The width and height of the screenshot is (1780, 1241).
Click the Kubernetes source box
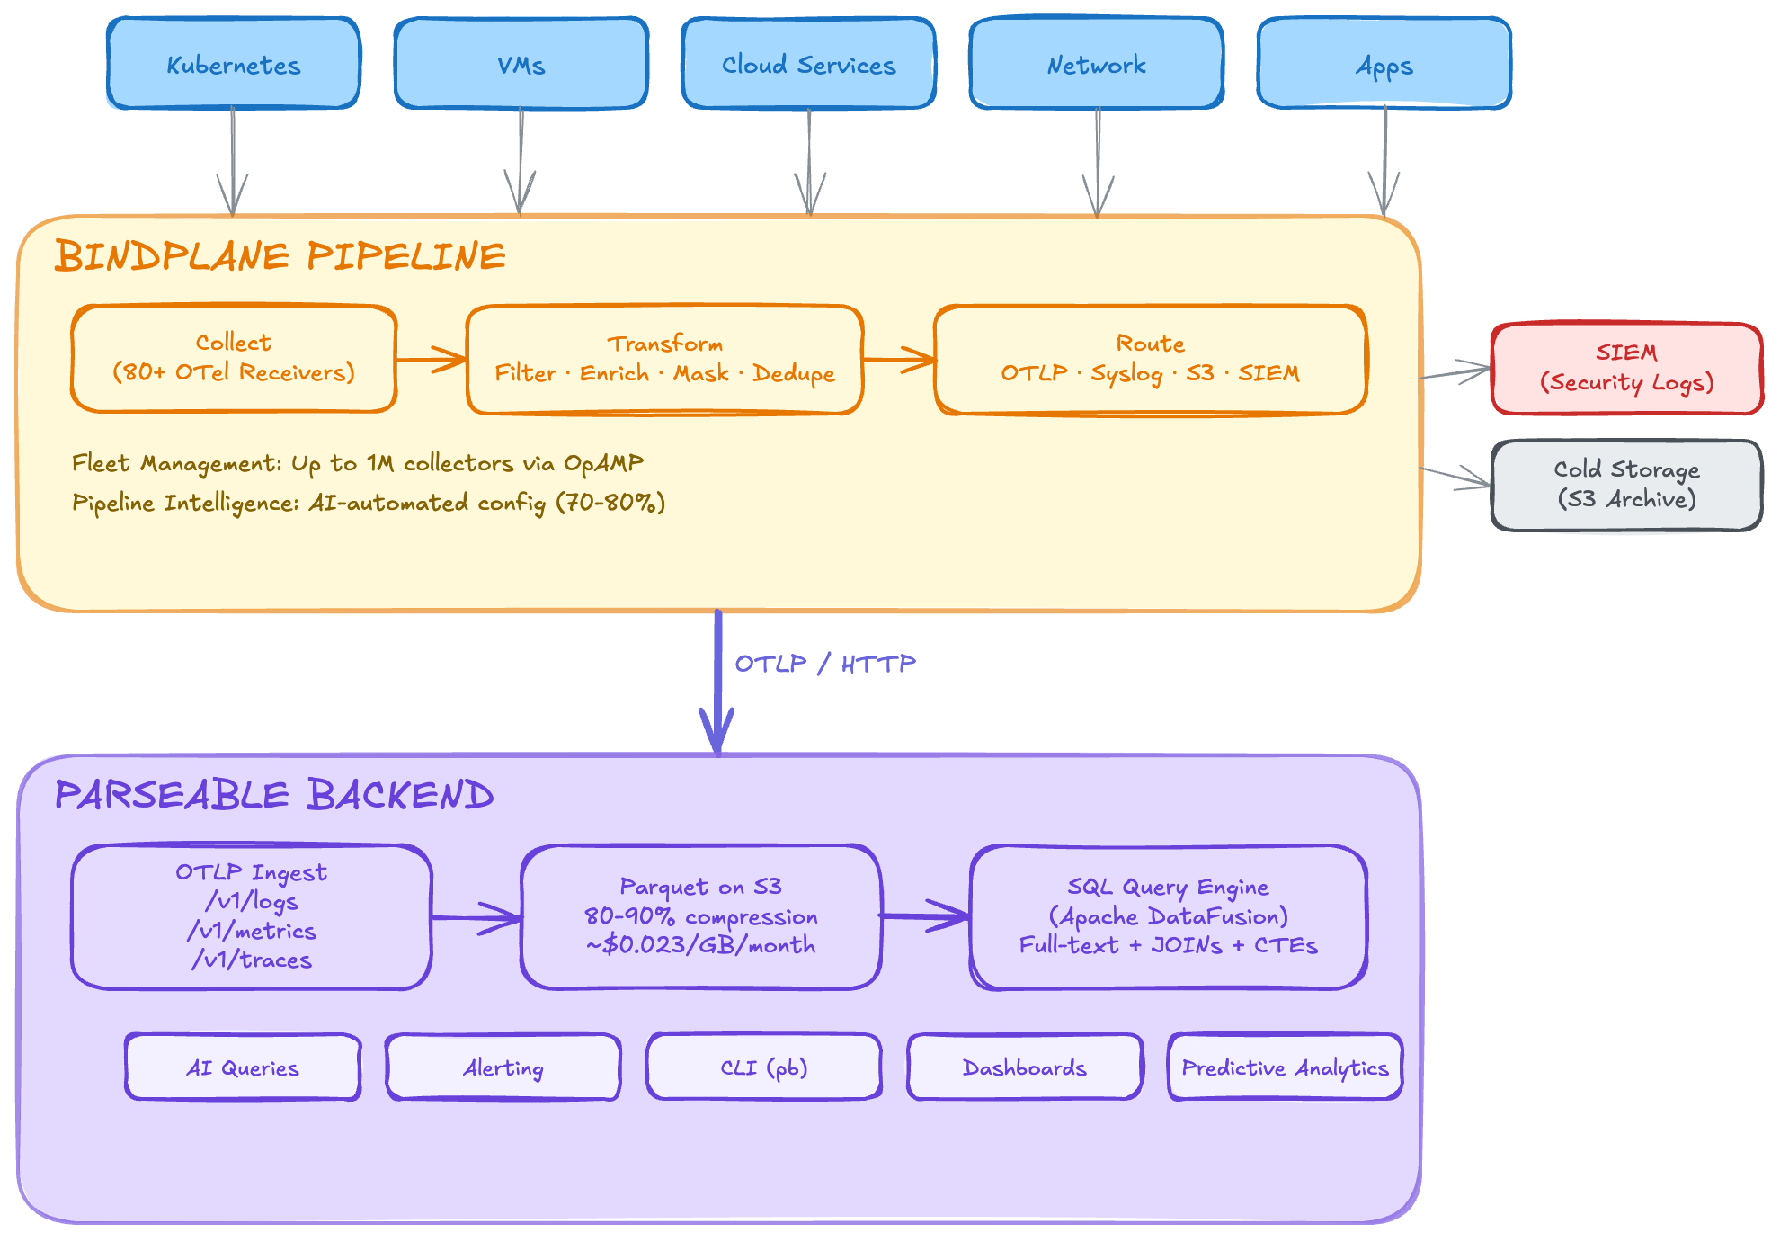[x=234, y=64]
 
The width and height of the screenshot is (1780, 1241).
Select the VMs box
[x=521, y=64]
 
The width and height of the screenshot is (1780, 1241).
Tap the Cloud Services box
[x=809, y=64]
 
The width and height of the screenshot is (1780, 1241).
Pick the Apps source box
[x=1384, y=64]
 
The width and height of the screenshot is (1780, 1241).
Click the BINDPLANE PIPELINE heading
[x=280, y=256]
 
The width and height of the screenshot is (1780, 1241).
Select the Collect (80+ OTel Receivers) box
[x=234, y=358]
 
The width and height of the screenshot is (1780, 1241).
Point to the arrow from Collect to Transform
[x=432, y=360]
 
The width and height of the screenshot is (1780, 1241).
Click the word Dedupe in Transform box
[x=794, y=373]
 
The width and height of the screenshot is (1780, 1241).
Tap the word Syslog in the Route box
[x=1126, y=373]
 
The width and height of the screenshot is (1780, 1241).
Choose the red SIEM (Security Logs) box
[x=1626, y=368]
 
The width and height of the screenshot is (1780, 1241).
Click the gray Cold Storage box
[x=1626, y=485]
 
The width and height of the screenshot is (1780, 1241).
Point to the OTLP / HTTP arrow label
[x=825, y=664]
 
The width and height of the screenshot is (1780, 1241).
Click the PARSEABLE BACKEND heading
[x=274, y=795]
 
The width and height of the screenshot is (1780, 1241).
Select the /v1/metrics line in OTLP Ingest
[x=252, y=931]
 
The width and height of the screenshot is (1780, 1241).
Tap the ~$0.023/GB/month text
[x=701, y=945]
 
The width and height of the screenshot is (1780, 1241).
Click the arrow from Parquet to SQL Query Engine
[x=924, y=916]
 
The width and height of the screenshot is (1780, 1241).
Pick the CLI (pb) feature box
[x=764, y=1067]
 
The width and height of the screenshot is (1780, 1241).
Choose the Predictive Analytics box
[x=1285, y=1067]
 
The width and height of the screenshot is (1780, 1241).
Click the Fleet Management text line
[x=358, y=463]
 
